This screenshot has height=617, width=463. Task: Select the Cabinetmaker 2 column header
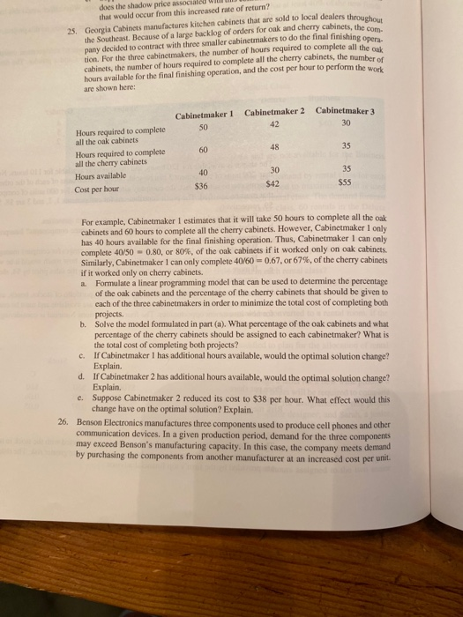[274, 112]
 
